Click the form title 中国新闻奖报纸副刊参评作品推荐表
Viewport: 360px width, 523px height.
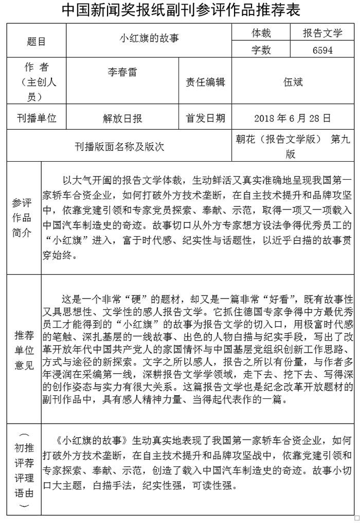181,11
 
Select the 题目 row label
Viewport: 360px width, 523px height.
36,42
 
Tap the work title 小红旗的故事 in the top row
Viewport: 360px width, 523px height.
149,38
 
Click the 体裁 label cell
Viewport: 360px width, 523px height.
261,33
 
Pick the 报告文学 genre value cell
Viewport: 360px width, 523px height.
322,33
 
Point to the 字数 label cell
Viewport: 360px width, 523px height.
261,50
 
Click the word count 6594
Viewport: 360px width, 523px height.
322,50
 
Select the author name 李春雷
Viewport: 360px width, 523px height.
122,72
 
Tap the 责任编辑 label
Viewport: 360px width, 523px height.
205,82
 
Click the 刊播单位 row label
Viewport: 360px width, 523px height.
36,118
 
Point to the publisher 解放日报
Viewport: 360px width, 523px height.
122,118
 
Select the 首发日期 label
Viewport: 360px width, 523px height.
205,118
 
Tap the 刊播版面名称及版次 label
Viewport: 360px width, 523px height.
119,147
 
